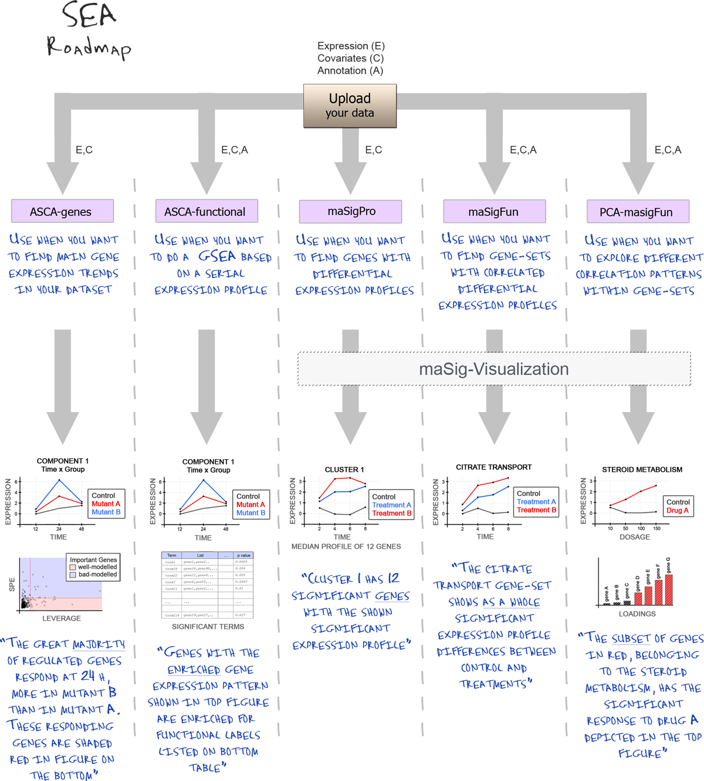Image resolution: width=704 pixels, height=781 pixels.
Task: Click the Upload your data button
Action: [x=350, y=106]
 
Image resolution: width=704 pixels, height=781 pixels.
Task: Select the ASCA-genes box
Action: [x=60, y=212]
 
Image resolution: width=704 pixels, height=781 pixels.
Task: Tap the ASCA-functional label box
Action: [x=205, y=212]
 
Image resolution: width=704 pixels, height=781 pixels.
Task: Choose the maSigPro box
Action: [x=351, y=211]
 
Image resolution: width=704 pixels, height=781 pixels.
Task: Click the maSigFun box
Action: [x=493, y=212]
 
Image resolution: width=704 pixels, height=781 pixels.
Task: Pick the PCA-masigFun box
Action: [x=636, y=212]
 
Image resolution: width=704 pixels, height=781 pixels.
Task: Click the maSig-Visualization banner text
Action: [x=494, y=369]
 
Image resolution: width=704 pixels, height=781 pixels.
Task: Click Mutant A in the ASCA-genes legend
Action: [x=106, y=504]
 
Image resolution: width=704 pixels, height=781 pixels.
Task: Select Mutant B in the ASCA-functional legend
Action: [x=251, y=512]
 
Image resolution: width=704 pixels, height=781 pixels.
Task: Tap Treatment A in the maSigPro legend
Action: [x=391, y=505]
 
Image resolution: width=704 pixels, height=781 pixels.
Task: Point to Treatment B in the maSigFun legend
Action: [x=536, y=510]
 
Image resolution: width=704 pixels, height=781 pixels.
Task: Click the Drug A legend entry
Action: [x=678, y=510]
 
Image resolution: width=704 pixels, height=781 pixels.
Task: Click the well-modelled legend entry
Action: [x=97, y=567]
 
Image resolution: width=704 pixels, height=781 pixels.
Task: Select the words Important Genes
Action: [x=93, y=560]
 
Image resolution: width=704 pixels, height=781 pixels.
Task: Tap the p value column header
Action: [x=243, y=555]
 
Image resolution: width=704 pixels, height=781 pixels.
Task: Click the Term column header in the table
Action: [x=171, y=555]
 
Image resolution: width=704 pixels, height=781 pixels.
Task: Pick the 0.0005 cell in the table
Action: [x=241, y=562]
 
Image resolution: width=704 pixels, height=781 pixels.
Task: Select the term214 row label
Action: [x=171, y=615]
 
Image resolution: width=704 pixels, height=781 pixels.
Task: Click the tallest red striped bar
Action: [x=668, y=589]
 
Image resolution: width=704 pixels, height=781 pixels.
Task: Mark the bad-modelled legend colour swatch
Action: [x=73, y=575]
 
